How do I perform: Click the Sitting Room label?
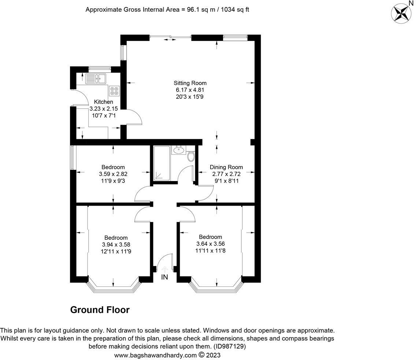190,83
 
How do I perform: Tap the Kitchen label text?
104,102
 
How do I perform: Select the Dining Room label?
226,167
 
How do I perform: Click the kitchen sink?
96,79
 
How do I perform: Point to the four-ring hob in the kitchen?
114,91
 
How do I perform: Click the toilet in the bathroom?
191,157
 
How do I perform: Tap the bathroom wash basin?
179,150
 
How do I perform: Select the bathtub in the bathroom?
161,163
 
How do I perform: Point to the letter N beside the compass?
411,3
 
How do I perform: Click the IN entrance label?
164,277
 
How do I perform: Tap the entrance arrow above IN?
164,269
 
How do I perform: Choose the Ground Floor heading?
100,310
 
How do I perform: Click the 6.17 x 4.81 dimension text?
190,90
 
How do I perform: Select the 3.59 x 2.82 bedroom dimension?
113,174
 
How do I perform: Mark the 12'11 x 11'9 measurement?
116,251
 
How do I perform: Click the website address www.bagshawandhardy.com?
156,355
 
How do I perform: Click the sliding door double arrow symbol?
170,40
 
